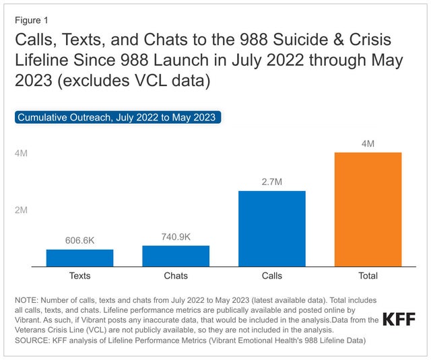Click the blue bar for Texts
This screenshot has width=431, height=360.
(x=79, y=258)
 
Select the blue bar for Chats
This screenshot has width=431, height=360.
(x=176, y=256)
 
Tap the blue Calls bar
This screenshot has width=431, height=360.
(x=272, y=229)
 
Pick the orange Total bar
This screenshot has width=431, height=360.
(x=368, y=210)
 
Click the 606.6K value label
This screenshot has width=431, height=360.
(x=79, y=240)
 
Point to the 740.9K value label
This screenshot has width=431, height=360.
(x=176, y=236)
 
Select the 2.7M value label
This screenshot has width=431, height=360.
(x=272, y=182)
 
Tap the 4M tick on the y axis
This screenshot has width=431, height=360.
(x=22, y=153)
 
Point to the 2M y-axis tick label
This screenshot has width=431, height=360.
(x=22, y=210)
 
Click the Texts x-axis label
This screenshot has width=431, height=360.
(x=79, y=276)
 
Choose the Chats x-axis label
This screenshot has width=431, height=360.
(x=176, y=276)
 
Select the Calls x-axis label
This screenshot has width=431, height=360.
(x=272, y=276)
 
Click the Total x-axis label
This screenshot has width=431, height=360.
(x=368, y=276)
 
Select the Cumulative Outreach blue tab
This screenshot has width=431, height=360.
(x=117, y=117)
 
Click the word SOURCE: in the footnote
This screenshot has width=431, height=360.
(x=33, y=340)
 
